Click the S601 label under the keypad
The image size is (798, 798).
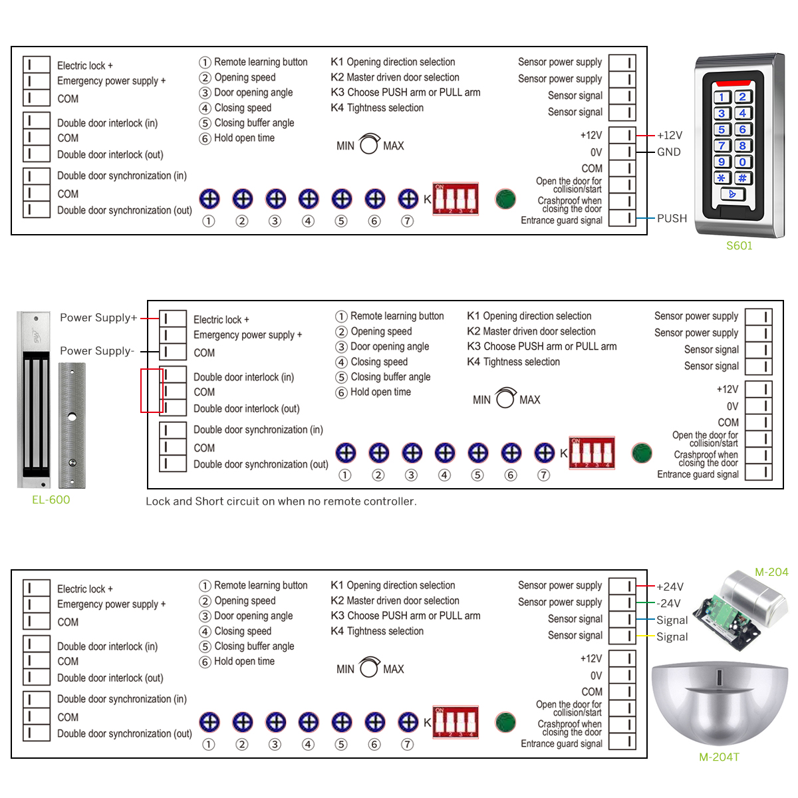pyautogui.click(x=739, y=246)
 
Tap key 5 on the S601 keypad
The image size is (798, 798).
pyautogui.click(x=722, y=130)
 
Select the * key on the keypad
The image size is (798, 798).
pyautogui.click(x=722, y=178)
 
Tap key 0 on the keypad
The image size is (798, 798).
pyautogui.click(x=743, y=162)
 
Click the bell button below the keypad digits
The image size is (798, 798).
pyautogui.click(x=732, y=194)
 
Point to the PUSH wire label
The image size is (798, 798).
pyautogui.click(x=672, y=218)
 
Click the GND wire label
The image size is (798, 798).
pyautogui.click(x=668, y=152)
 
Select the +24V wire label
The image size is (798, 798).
pyautogui.click(x=670, y=587)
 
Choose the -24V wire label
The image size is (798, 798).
pyautogui.click(x=669, y=603)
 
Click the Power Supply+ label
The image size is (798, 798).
pyautogui.click(x=98, y=318)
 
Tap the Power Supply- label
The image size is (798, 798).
pyautogui.click(x=97, y=351)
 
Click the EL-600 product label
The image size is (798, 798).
pyautogui.click(x=51, y=500)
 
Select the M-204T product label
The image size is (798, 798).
pyautogui.click(x=719, y=757)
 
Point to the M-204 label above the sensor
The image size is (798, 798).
pyautogui.click(x=771, y=572)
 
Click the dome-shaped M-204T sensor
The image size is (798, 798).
pyautogui.click(x=720, y=705)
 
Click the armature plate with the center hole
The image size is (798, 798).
pyautogui.click(x=72, y=426)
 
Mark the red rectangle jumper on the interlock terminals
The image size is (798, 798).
pyautogui.click(x=152, y=391)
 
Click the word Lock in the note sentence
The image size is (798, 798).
pyautogui.click(x=158, y=501)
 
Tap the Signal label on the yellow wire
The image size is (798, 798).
pyautogui.click(x=672, y=637)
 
